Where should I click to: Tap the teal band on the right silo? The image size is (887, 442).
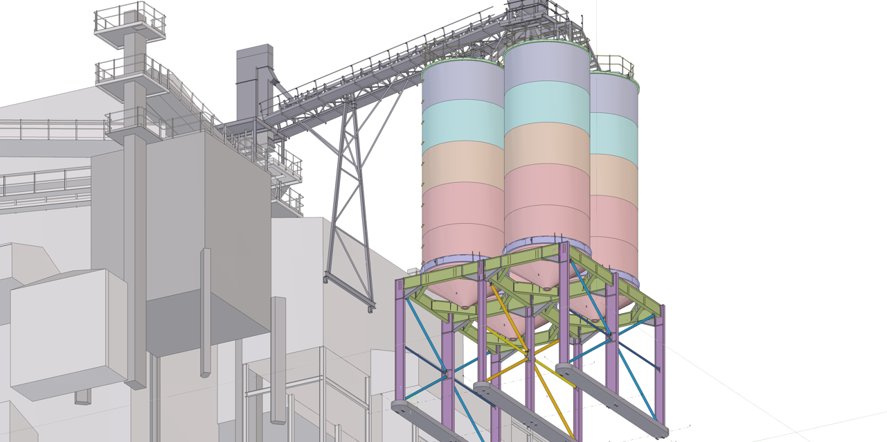point(615,133)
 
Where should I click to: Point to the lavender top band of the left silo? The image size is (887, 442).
point(463,83)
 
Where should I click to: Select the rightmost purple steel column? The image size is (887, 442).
point(660,367)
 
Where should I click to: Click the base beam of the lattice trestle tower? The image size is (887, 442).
point(350,292)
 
